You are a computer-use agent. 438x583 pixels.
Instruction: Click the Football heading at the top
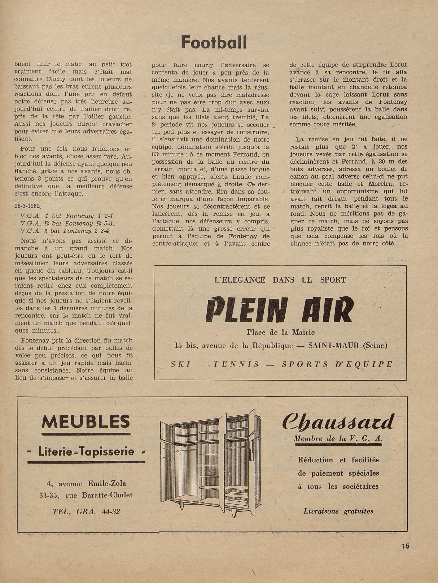214,42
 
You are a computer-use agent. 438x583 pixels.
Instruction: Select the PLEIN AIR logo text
280,310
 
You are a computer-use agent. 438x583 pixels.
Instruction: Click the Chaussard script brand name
338,421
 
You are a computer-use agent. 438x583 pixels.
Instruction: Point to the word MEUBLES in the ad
86,421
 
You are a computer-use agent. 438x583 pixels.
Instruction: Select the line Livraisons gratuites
338,511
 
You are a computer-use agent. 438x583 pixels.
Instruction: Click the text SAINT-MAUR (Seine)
348,345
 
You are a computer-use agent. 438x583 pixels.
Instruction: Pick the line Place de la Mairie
281,332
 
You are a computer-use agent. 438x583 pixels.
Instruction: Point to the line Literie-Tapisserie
86,451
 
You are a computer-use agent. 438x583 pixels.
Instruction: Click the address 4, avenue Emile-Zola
86,484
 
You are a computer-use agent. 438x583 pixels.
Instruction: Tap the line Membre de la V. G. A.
338,438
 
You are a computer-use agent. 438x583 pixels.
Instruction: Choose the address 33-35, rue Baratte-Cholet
86,495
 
